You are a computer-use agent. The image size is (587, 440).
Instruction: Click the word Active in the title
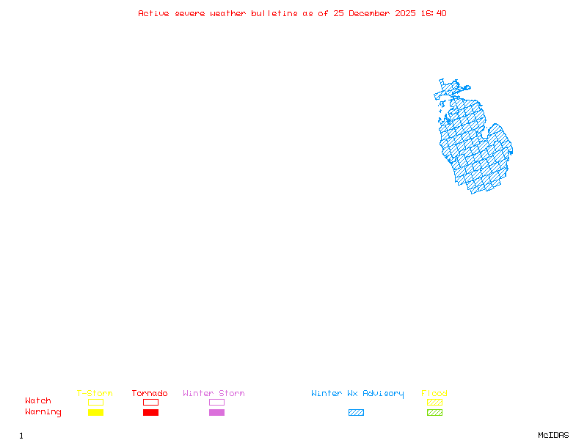tap(154, 13)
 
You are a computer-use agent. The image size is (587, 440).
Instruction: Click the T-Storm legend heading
tap(95, 394)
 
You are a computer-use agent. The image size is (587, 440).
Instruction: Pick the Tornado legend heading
tap(150, 394)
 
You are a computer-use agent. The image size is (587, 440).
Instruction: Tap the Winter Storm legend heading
tap(214, 394)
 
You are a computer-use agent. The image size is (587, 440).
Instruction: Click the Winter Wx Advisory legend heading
tap(357, 394)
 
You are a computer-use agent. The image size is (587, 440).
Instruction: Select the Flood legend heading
tap(434, 394)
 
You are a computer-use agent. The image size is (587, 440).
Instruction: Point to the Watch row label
tap(38, 401)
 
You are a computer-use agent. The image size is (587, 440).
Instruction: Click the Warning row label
tap(43, 412)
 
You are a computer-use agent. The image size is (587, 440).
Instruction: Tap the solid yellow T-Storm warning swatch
tap(95, 413)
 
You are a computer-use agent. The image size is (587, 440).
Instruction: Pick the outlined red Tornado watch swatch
tap(150, 402)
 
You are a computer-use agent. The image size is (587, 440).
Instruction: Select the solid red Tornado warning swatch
tap(150, 413)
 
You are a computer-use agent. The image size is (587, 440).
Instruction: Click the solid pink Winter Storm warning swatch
tap(216, 413)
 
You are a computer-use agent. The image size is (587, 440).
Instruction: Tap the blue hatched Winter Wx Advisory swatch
tap(356, 413)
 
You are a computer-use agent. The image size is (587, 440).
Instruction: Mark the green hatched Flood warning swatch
tap(434, 413)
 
